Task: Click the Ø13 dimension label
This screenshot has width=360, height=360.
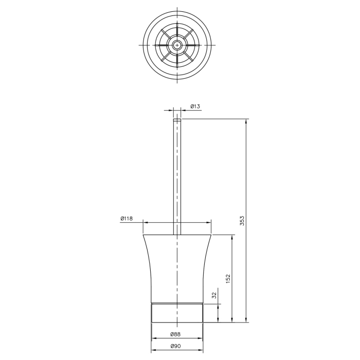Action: pyautogui.click(x=195, y=106)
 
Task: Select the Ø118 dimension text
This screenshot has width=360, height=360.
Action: pyautogui.click(x=127, y=219)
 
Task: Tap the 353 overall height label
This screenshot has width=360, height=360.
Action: pyautogui.click(x=242, y=221)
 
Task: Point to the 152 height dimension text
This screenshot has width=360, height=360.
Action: pyautogui.click(x=228, y=279)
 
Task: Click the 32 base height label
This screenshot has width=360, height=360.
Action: pyautogui.click(x=214, y=295)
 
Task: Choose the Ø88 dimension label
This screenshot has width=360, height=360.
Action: pyautogui.click(x=175, y=334)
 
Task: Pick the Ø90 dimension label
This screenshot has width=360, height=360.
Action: pyautogui.click(x=176, y=346)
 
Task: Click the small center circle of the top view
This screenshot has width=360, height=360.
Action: pyautogui.click(x=177, y=45)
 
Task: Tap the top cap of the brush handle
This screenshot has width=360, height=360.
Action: pyautogui.click(x=177, y=120)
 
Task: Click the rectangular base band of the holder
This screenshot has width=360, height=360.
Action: pyautogui.click(x=177, y=313)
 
